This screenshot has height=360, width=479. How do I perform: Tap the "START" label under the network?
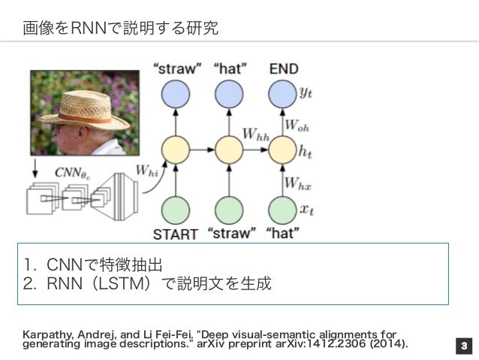tap(176, 234)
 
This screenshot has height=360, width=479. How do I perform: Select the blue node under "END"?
tap(282, 95)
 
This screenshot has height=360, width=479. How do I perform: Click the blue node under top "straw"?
tap(176, 95)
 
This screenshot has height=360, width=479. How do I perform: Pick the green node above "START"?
tap(176, 207)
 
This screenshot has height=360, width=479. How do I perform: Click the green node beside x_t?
tap(282, 207)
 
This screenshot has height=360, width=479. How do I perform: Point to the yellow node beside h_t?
tap(282, 149)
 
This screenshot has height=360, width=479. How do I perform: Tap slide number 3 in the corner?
tap(464, 346)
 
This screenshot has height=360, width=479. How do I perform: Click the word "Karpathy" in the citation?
tap(47, 333)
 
